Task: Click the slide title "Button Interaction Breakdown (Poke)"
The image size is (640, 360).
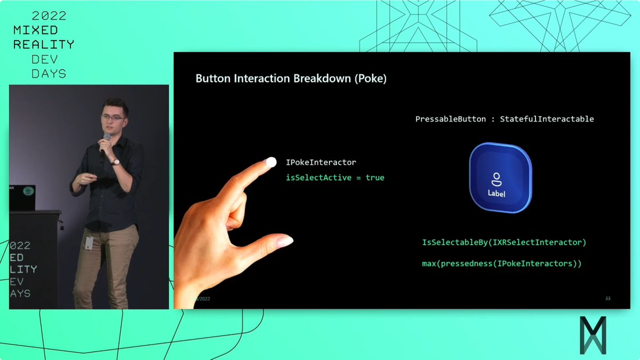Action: [x=291, y=79]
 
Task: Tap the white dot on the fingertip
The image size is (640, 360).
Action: [x=271, y=162]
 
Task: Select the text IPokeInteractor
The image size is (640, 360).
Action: [x=321, y=162]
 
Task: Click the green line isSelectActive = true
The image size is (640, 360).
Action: [x=335, y=178]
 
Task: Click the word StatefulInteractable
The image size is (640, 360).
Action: [x=547, y=119]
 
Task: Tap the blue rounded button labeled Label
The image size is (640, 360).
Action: [x=500, y=178]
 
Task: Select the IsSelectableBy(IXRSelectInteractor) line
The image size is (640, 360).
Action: [x=504, y=243]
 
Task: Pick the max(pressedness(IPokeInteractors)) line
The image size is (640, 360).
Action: [x=501, y=263]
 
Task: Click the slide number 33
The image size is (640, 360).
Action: [x=607, y=298]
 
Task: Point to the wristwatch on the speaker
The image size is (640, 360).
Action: [x=115, y=162]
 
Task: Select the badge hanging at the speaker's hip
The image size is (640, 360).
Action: [x=89, y=243]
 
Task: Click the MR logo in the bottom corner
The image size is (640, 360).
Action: [x=593, y=335]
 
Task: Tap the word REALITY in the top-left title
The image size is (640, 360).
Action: [x=44, y=45]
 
